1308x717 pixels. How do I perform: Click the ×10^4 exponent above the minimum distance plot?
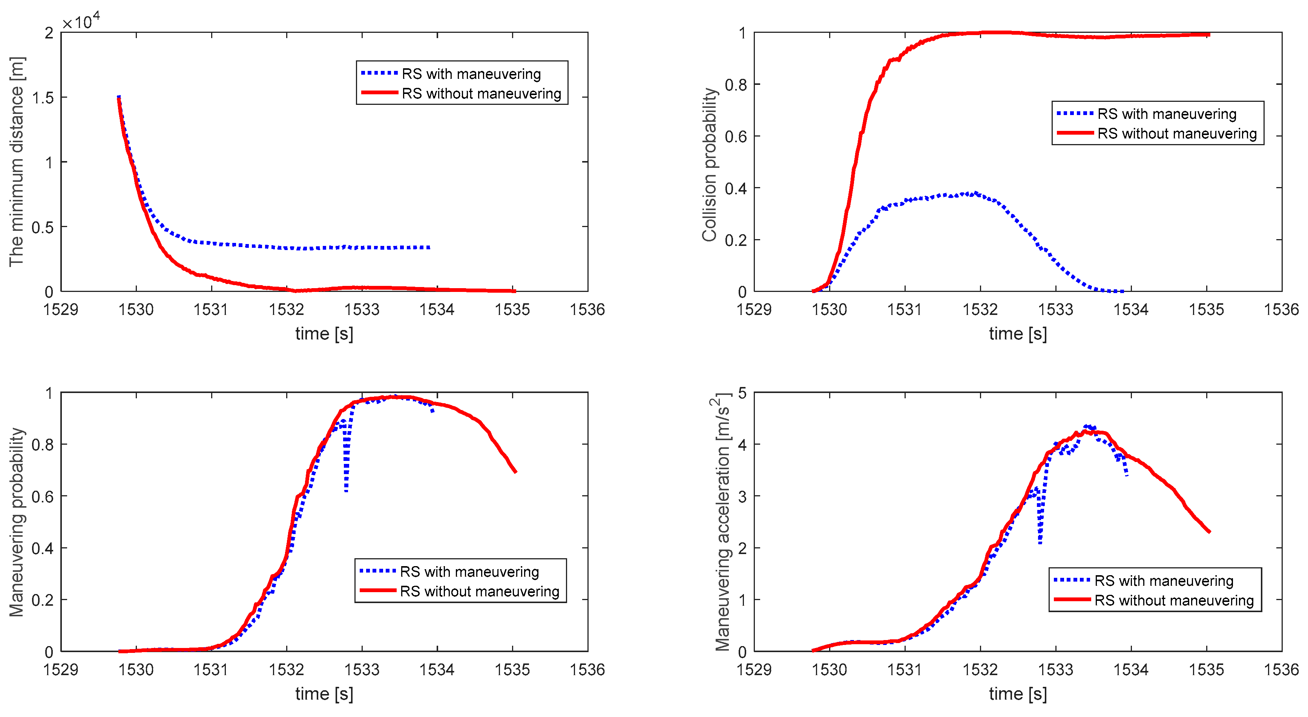tap(81, 21)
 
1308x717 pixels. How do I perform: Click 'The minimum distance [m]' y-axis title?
tap(16, 161)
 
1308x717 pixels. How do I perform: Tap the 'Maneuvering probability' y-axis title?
tap(16, 522)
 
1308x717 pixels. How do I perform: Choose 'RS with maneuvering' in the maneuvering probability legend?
tap(469, 572)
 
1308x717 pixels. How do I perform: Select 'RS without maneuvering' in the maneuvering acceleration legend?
tap(1173, 601)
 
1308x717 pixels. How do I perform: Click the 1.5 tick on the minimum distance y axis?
tap(43, 97)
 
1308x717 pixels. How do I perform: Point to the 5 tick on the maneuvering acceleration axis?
tap(742, 393)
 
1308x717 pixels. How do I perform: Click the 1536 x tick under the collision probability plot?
tap(1280, 309)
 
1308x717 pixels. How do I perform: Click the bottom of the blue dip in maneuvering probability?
tap(346, 491)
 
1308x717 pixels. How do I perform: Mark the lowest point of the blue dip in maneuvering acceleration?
tap(1040, 542)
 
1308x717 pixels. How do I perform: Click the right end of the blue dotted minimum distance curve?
tap(429, 247)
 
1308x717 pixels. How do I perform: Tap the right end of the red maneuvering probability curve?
tap(515, 472)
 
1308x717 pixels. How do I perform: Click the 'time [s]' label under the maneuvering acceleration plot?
tap(1018, 694)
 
